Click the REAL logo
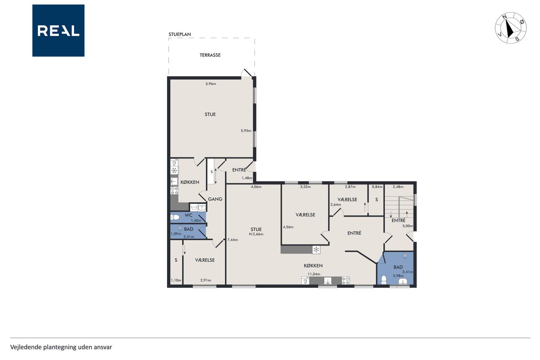click(58, 31)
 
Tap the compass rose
click(510, 28)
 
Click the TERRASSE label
click(210, 55)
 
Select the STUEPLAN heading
click(180, 34)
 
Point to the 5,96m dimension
click(211, 84)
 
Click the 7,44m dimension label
click(232, 240)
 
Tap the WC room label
click(189, 215)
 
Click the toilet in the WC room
click(175, 217)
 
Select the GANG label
click(215, 199)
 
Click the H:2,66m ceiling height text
click(256, 234)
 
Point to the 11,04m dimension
click(314, 274)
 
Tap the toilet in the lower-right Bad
click(384, 280)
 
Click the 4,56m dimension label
click(288, 227)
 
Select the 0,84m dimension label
click(377, 187)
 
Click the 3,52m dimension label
click(305, 187)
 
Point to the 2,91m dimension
click(205, 280)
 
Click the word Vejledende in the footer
click(26, 347)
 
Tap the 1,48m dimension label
click(247, 178)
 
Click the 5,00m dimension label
click(408, 226)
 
